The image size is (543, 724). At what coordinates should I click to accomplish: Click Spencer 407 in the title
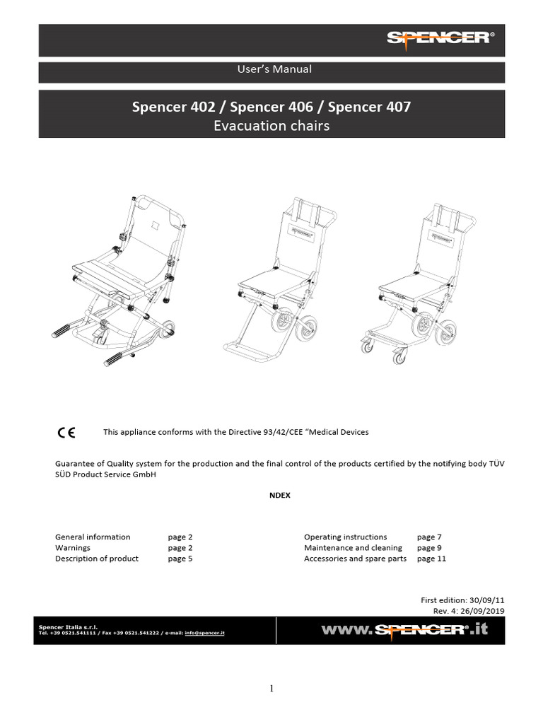coord(369,108)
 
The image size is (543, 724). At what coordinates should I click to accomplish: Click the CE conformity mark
coord(66,432)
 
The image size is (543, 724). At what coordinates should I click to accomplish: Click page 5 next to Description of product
coord(180,559)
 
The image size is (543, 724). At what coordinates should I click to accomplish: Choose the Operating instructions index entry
coord(345,537)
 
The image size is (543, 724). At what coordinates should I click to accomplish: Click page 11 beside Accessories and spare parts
coord(431,559)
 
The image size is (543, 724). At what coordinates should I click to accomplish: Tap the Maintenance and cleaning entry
coord(353,548)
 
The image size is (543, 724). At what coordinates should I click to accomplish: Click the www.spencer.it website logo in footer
coord(404,629)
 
